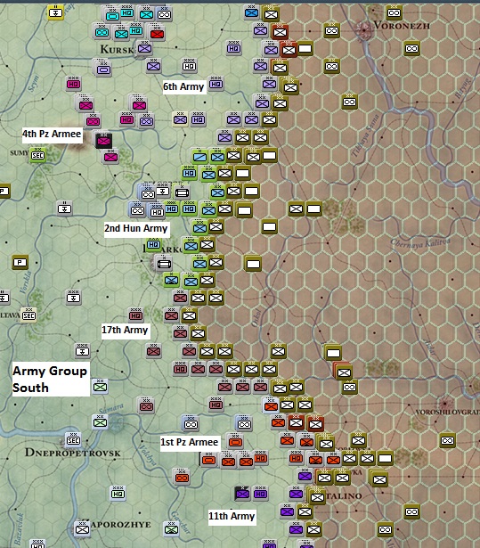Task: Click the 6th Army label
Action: pyautogui.click(x=184, y=86)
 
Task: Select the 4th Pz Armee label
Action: pyautogui.click(x=52, y=134)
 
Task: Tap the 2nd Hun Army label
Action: pyautogui.click(x=136, y=229)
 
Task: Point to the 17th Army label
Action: pyautogui.click(x=125, y=330)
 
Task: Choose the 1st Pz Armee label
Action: pyautogui.click(x=189, y=442)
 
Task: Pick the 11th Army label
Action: pyautogui.click(x=232, y=516)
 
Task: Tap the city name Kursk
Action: pyautogui.click(x=118, y=48)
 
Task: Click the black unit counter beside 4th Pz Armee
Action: pyautogui.click(x=104, y=140)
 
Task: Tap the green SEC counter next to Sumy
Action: pyautogui.click(x=38, y=155)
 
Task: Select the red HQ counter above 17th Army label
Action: pyautogui.click(x=136, y=315)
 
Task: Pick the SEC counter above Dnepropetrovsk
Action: pyautogui.click(x=74, y=438)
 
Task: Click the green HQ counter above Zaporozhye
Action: pyautogui.click(x=118, y=494)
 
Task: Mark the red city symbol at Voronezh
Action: pyautogui.click(x=365, y=32)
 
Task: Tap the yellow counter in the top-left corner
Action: pyautogui.click(x=55, y=12)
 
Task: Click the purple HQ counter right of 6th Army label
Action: pyautogui.click(x=216, y=85)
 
